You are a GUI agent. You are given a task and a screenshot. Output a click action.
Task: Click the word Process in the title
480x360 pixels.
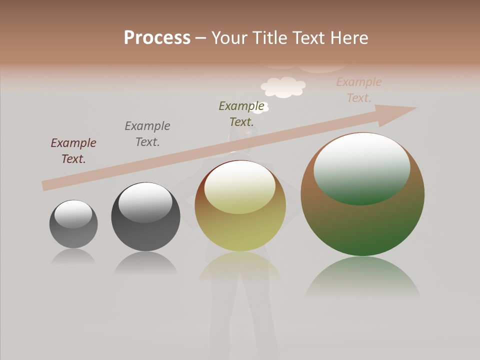(x=157, y=38)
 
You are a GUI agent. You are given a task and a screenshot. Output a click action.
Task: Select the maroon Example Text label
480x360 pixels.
(x=73, y=151)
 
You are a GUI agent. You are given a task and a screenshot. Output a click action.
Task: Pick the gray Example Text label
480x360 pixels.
(x=147, y=134)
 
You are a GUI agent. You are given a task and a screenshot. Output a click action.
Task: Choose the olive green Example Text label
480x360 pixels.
(x=241, y=113)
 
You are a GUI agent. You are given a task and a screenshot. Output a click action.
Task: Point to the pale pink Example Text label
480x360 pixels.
(x=359, y=90)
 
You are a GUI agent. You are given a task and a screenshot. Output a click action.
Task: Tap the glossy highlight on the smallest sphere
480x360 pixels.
(x=73, y=213)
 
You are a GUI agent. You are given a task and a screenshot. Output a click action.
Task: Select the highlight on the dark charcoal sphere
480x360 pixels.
(x=145, y=202)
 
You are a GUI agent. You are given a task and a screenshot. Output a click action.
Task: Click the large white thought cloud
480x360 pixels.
(x=283, y=87)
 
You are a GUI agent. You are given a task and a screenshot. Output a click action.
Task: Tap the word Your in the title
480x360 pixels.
(x=229, y=38)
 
